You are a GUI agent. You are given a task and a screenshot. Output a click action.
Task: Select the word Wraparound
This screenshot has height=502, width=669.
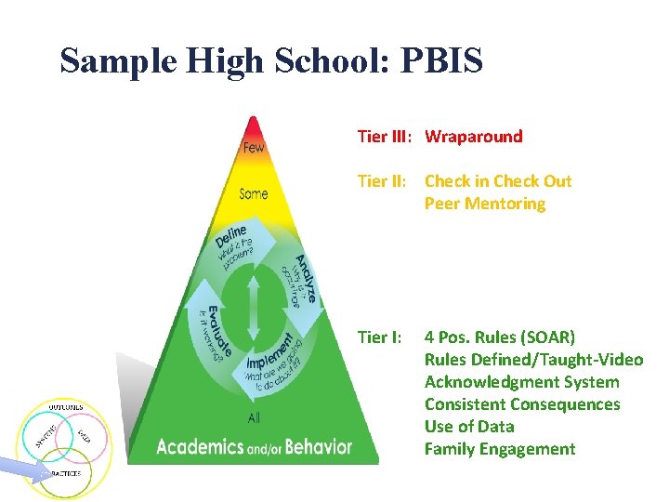coord(474,137)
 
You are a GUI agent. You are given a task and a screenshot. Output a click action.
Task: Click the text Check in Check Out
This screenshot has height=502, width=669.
coord(498,181)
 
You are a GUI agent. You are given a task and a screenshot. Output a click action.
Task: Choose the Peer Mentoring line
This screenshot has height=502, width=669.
coord(485,204)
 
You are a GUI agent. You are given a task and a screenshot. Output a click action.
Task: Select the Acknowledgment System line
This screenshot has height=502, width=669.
coord(521,382)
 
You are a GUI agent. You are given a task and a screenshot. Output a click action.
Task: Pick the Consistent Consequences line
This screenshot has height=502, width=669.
coord(522,404)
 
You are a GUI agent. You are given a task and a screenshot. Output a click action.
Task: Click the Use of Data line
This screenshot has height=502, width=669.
coord(469,427)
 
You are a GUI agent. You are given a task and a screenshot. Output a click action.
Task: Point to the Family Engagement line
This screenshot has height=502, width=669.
coord(500,449)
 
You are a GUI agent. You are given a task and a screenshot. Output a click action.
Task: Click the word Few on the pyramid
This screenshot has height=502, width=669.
coord(253,148)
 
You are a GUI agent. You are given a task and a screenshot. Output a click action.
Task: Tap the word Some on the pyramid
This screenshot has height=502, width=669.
coord(253,193)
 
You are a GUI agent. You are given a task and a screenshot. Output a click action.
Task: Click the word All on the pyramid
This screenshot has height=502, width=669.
coord(254,418)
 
